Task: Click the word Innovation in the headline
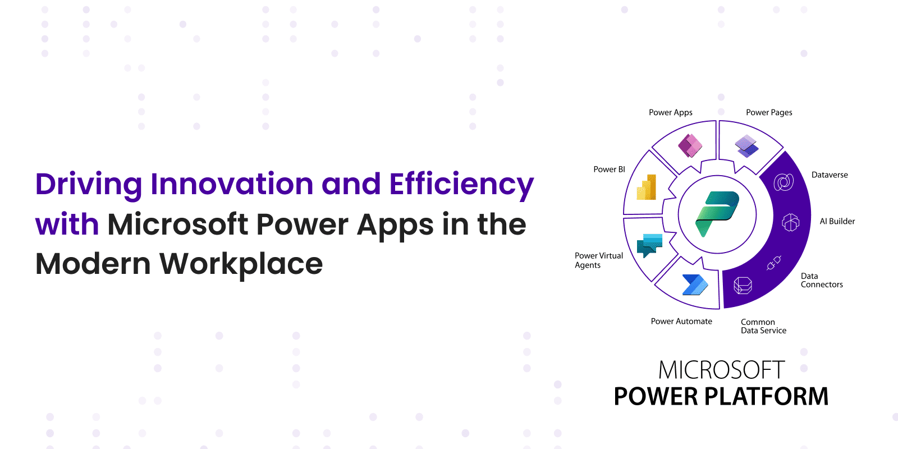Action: tap(232, 184)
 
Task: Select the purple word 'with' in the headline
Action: tap(67, 224)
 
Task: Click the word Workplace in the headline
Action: tap(241, 264)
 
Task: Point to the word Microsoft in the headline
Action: tap(177, 224)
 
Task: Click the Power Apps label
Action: tap(671, 113)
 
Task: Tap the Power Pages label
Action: tap(769, 113)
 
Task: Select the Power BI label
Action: tap(609, 169)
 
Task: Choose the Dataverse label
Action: tap(830, 175)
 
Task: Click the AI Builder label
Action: tap(837, 221)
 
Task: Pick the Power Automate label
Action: tap(681, 321)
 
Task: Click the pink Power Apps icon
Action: tap(690, 145)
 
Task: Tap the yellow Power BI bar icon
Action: tap(646, 187)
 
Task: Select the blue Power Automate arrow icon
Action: tap(695, 285)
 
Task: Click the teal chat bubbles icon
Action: tap(649, 245)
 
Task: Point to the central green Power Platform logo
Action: tap(717, 214)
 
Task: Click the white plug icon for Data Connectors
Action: tap(774, 263)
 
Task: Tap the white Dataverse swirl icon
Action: tap(784, 182)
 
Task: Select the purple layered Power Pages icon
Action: tap(746, 146)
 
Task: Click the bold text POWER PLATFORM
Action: tap(721, 396)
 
